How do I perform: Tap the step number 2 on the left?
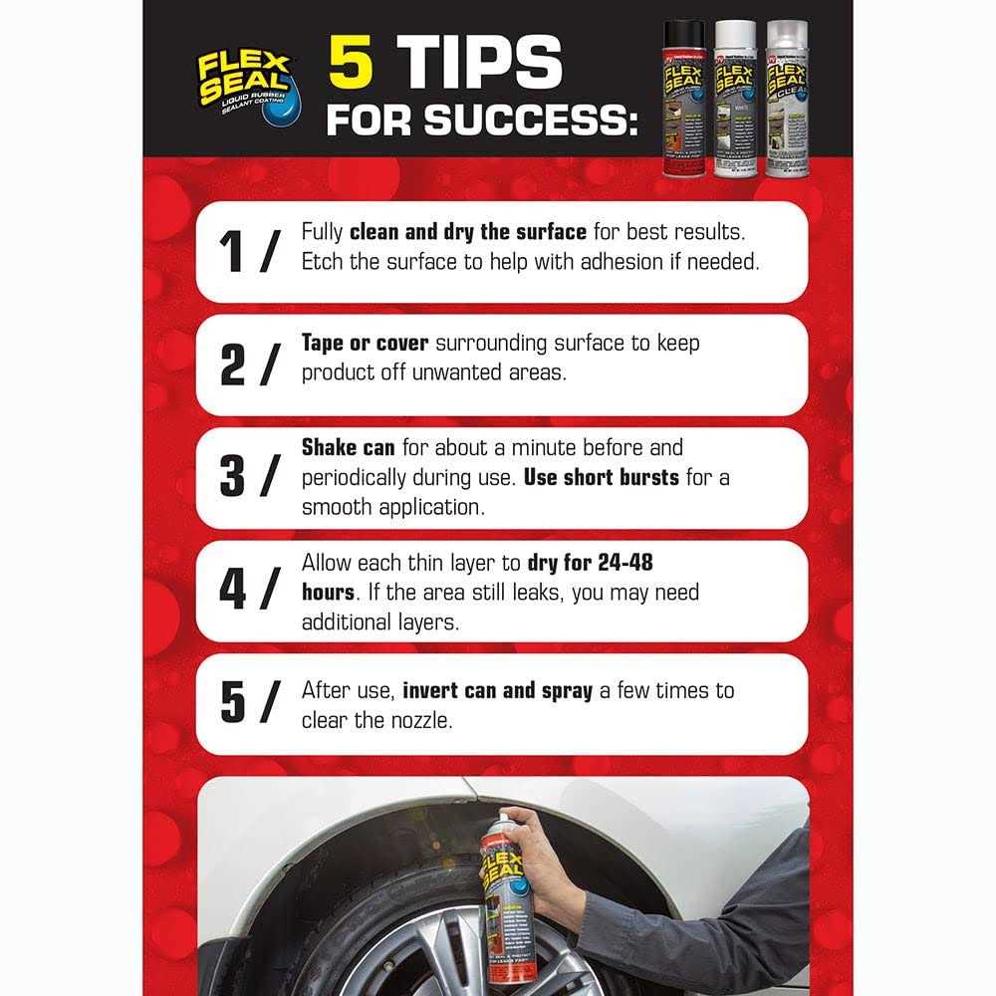pos(232,366)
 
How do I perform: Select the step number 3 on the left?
pos(232,478)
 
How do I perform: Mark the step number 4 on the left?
pos(232,592)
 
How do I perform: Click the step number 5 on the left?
pos(232,704)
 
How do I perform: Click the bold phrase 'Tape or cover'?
pos(365,344)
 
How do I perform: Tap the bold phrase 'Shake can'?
pos(347,448)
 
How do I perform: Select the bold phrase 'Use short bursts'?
pos(602,478)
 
